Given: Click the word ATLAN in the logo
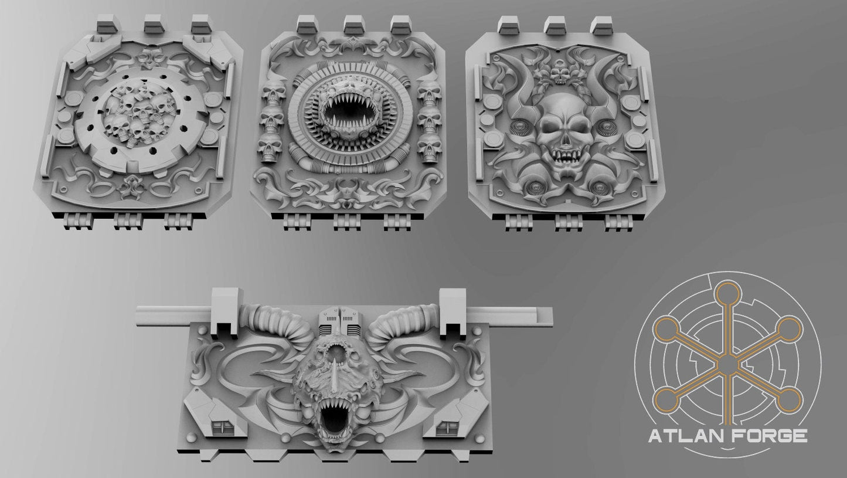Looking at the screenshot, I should coord(679,436).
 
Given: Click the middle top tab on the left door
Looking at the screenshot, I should coord(155,24).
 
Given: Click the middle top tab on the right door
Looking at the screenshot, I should coord(554,25).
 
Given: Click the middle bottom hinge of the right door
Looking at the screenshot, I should coord(567,222).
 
